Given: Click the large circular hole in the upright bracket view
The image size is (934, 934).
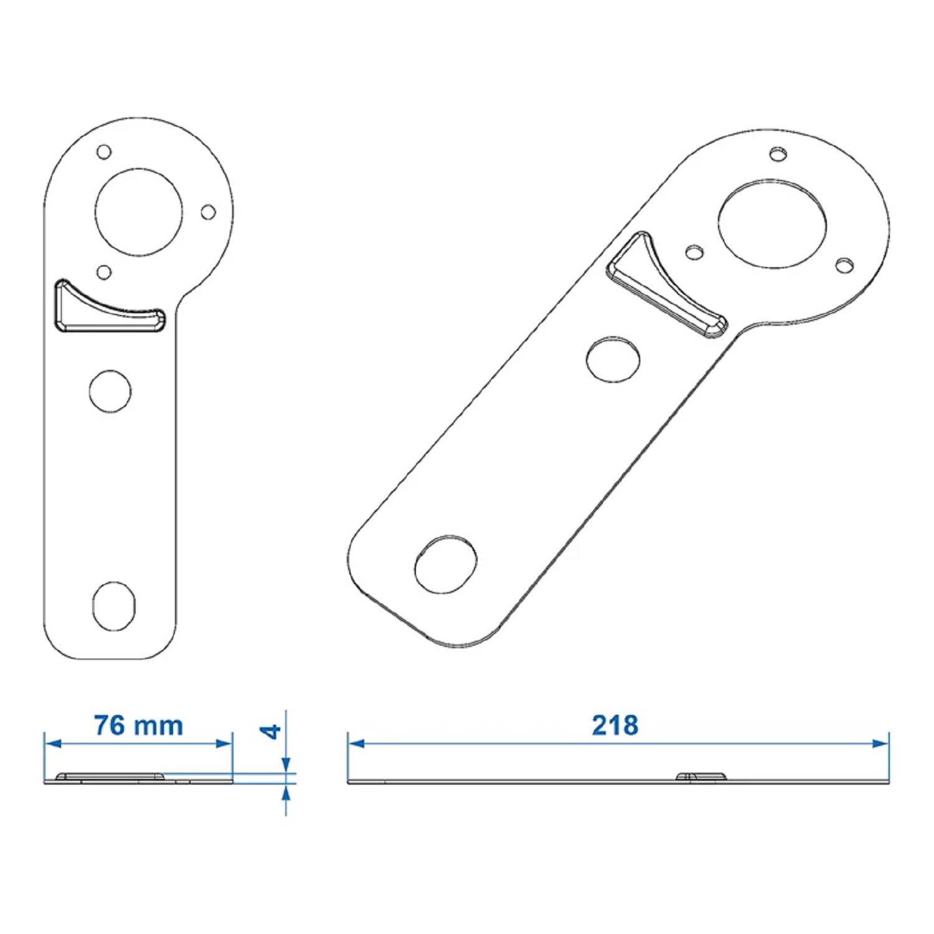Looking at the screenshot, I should pyautogui.click(x=139, y=211).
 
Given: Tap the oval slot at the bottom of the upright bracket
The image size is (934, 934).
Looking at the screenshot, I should pyautogui.click(x=113, y=606).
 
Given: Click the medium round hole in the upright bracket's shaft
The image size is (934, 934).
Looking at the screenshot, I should pyautogui.click(x=110, y=391).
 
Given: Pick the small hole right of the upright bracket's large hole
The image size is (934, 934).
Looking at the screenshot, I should pyautogui.click(x=209, y=212).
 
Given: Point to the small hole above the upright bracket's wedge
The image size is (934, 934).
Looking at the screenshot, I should pyautogui.click(x=104, y=272).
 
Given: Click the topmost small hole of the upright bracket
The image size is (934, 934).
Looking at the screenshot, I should pyautogui.click(x=104, y=152).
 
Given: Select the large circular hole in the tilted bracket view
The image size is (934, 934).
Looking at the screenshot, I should pyautogui.click(x=772, y=225).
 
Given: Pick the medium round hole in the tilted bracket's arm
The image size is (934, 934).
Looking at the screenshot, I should pyautogui.click(x=613, y=359).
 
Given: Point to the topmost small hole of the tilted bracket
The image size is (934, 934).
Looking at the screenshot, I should pyautogui.click(x=778, y=154).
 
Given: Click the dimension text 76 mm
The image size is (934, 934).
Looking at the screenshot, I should pyautogui.click(x=138, y=726).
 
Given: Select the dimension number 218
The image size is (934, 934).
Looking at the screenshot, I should pyautogui.click(x=615, y=725).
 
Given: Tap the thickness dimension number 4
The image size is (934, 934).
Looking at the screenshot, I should pyautogui.click(x=271, y=731).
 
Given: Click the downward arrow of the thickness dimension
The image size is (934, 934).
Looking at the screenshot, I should pyautogui.click(x=286, y=764).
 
